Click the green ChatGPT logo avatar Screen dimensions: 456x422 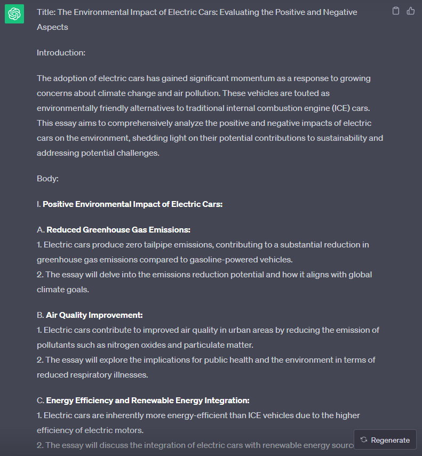point(14,14)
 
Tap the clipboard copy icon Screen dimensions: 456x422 point(396,11)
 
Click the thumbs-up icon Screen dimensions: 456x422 point(411,11)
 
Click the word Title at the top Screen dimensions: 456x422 point(45,12)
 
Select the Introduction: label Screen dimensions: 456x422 point(61,53)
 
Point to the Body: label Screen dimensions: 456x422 point(47,179)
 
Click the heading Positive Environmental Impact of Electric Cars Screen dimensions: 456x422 point(132,204)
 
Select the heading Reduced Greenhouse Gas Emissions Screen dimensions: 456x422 point(118,230)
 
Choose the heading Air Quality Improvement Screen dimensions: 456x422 point(94,315)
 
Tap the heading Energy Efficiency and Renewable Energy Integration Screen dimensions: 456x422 point(148,401)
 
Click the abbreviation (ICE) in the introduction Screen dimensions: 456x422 point(341,108)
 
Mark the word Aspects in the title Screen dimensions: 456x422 point(52,27)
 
